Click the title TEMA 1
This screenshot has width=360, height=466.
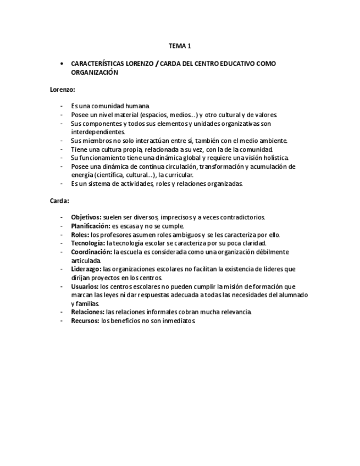180,46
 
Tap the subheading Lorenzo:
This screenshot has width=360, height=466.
63,89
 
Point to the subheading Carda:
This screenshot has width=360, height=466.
59,201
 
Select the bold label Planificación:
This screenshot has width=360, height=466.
91,226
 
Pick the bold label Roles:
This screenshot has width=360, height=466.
80,235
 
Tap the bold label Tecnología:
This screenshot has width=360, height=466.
88,243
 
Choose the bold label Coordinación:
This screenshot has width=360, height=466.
91,252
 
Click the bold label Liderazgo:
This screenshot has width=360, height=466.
86,269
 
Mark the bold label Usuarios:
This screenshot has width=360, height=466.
85,286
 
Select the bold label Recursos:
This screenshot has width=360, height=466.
85,321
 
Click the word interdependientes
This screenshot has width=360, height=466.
98,132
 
